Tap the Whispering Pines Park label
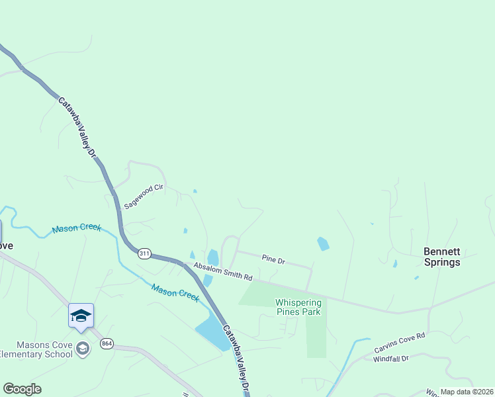click(298, 307)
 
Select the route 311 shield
click(145, 253)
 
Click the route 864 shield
click(107, 343)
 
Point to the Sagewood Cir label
click(143, 197)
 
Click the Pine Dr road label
click(273, 260)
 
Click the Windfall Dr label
click(392, 359)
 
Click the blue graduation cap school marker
click(81, 316)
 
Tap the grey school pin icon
click(83, 349)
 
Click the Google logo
click(22, 389)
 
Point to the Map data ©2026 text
click(467, 392)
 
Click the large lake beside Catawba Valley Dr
click(214, 331)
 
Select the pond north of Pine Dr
click(323, 243)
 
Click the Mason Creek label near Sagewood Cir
click(77, 228)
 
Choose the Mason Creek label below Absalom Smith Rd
click(175, 292)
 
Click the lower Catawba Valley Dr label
click(237, 360)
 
